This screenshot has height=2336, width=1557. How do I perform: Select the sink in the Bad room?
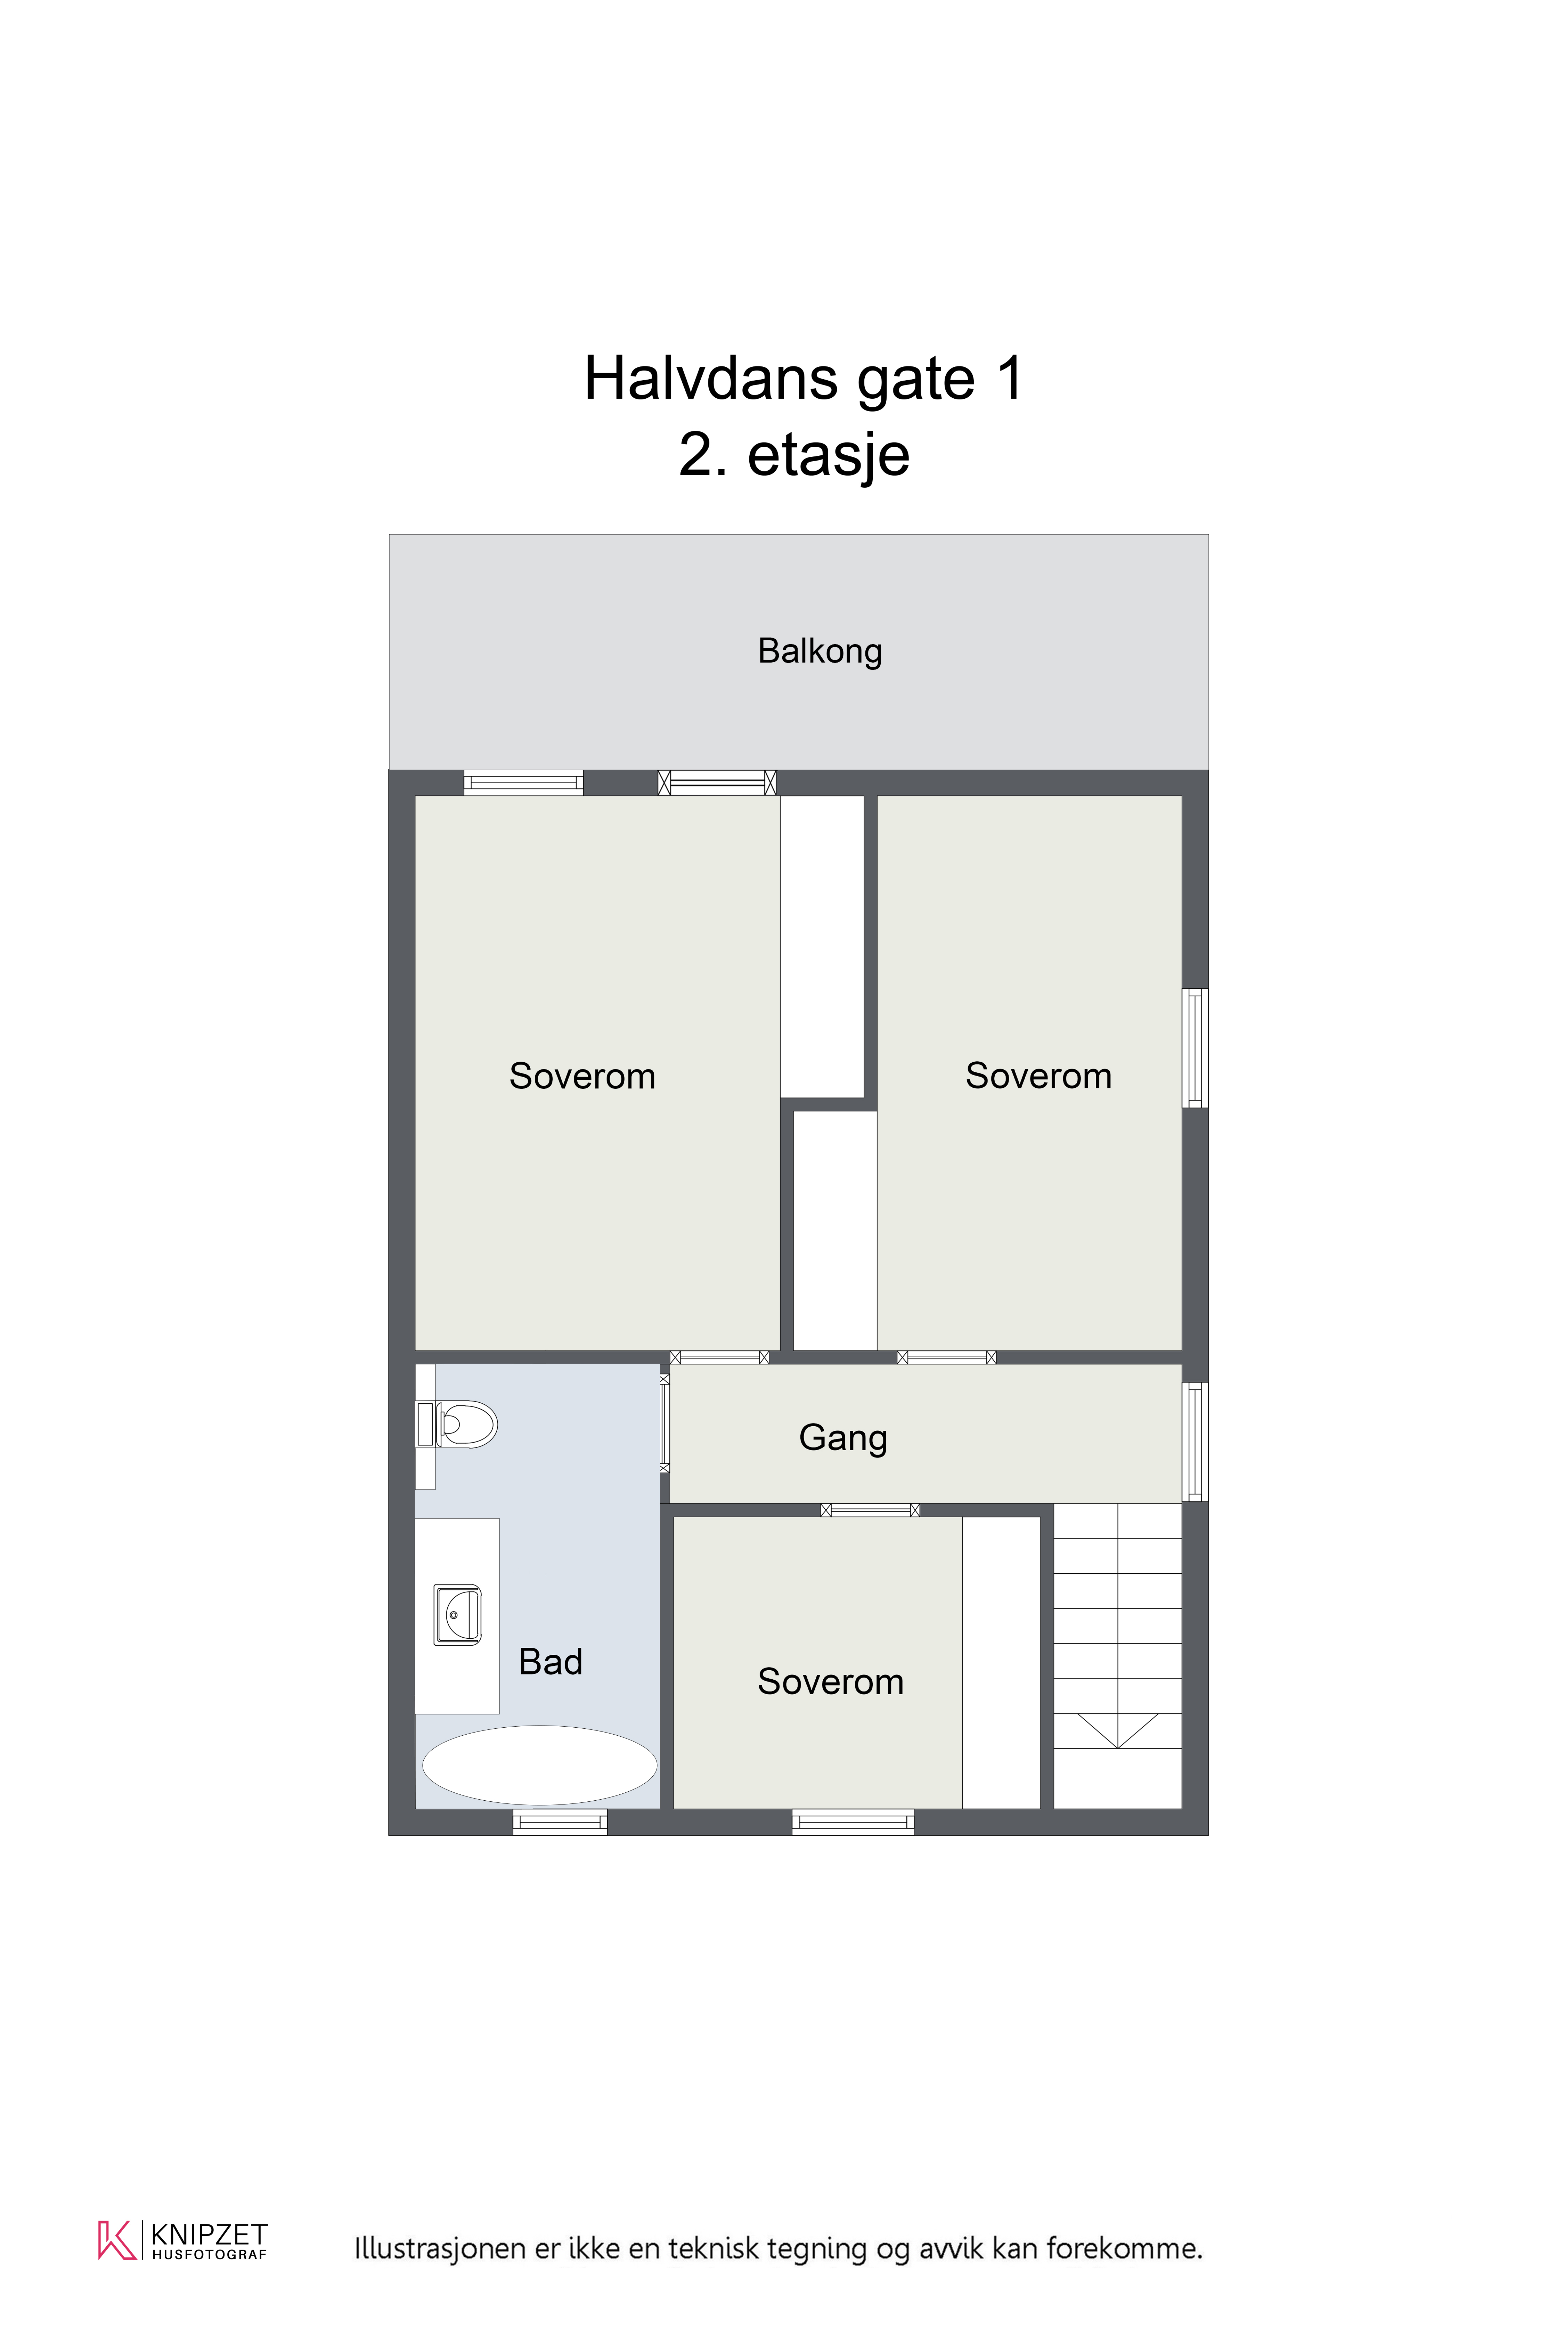coord(458,1614)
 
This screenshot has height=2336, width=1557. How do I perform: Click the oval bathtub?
coord(539,1765)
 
